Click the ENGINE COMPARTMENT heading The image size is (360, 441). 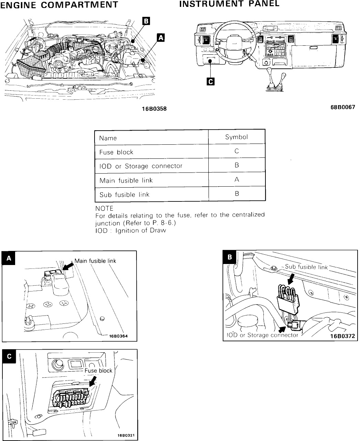coord(59,5)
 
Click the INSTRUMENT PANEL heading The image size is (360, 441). coord(229,4)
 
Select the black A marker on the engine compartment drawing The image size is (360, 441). coord(161,37)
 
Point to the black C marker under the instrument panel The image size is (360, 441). coord(210,81)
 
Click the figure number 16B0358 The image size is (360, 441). coord(154,109)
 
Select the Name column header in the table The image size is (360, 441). coord(108,138)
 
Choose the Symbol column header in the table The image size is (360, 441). coord(236,137)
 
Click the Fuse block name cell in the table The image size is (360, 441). coord(116,152)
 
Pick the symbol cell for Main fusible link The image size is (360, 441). coord(237,179)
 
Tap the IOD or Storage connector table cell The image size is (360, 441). coord(141,166)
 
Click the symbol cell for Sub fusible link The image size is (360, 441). coord(237,194)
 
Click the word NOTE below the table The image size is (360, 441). coord(104,208)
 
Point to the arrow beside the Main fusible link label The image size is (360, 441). coord(68,266)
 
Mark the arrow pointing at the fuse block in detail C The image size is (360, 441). coord(92,381)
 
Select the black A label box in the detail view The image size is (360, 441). coord(9,258)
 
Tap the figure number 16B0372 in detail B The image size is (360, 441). coord(342,336)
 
